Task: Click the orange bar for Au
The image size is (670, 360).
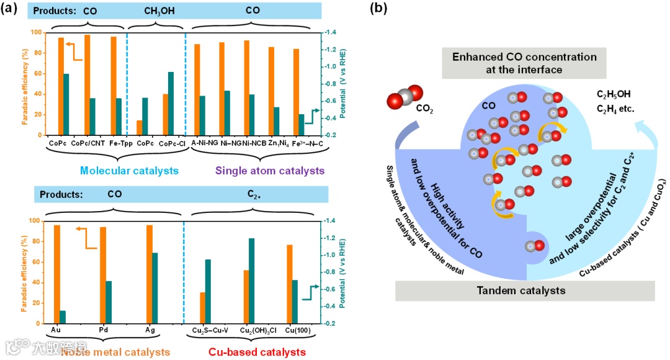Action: click(57, 274)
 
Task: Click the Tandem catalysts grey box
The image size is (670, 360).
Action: click(525, 290)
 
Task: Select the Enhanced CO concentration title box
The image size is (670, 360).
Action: click(525, 63)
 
